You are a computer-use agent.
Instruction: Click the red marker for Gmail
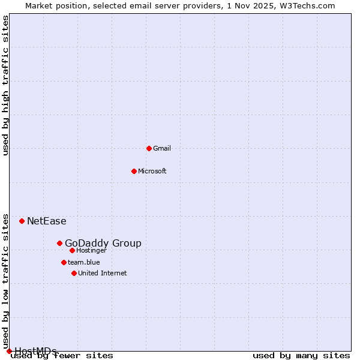click(x=149, y=148)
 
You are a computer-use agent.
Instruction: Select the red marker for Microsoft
click(x=134, y=171)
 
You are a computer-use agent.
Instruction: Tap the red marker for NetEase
click(x=22, y=221)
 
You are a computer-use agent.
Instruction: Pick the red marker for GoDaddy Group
click(x=59, y=243)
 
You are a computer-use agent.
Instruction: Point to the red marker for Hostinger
click(x=72, y=250)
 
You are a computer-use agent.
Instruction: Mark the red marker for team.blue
click(x=64, y=262)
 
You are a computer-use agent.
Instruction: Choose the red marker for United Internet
click(x=74, y=273)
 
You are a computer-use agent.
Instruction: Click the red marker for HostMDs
click(x=9, y=351)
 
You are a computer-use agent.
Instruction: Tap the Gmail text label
click(x=162, y=148)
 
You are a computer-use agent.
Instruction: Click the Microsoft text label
click(x=152, y=171)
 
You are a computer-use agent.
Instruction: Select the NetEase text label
click(x=47, y=221)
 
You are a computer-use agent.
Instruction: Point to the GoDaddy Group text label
click(x=103, y=243)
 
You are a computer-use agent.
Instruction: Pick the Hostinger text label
click(x=92, y=250)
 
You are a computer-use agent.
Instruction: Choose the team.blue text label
click(x=84, y=262)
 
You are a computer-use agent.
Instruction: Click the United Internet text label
click(x=103, y=273)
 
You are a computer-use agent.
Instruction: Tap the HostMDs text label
click(x=35, y=350)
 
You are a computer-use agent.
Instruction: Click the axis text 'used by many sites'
click(x=301, y=355)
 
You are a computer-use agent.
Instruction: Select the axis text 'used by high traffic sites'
click(x=6, y=85)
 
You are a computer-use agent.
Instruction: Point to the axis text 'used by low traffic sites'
click(x=6, y=281)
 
